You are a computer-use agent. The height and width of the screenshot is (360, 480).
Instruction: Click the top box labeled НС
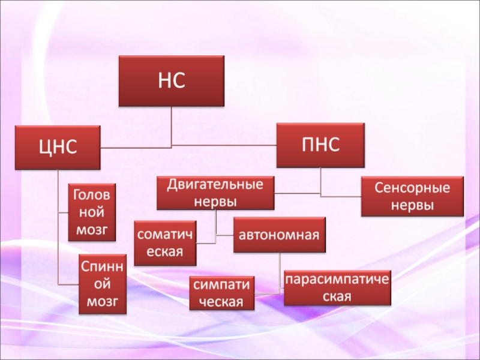[x=172, y=81]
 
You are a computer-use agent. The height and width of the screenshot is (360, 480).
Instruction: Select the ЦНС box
[x=58, y=147]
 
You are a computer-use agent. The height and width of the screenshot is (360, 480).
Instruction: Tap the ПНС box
[x=320, y=145]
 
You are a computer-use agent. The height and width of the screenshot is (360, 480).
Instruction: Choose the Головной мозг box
[x=92, y=212]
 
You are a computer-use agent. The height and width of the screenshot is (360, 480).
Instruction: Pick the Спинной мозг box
[x=103, y=283]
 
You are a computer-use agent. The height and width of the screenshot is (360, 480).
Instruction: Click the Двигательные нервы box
[x=215, y=192]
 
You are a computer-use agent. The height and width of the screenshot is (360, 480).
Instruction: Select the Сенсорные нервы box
[x=412, y=196]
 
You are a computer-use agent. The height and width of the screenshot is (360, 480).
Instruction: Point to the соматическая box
[x=165, y=243]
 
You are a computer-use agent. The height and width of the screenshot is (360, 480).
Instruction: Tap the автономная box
[x=280, y=234]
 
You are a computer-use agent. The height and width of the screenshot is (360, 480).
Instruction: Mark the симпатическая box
[x=221, y=293]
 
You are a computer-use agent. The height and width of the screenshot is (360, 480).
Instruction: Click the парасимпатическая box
[x=337, y=287]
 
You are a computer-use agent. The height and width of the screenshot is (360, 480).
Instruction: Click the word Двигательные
[x=215, y=184]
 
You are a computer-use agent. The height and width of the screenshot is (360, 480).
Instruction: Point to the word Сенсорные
[x=412, y=188]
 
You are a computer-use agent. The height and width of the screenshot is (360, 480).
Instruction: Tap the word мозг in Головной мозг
[x=92, y=229]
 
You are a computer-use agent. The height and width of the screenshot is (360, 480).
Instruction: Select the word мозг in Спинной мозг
[x=103, y=301]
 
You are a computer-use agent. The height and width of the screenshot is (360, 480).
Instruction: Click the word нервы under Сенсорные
[x=412, y=205]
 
